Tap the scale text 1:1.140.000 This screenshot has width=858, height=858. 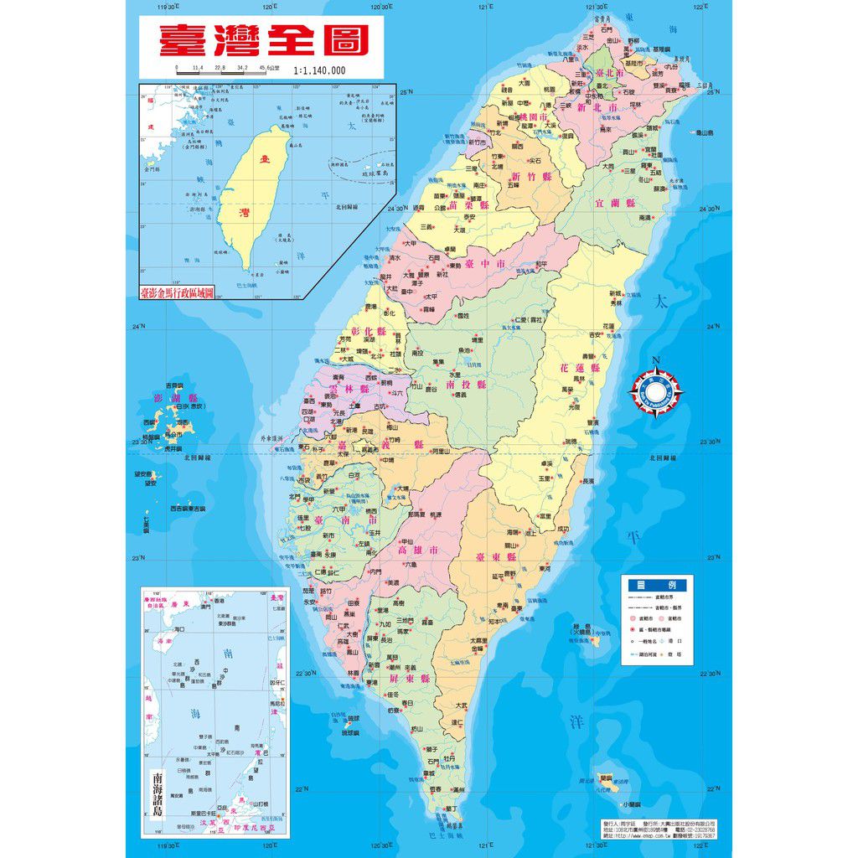coord(319,70)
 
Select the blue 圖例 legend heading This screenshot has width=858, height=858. coord(659,585)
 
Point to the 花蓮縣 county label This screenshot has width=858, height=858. coord(580,368)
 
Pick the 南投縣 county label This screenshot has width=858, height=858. coord(466,385)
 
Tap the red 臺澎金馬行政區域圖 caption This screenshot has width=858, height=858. coord(178,293)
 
